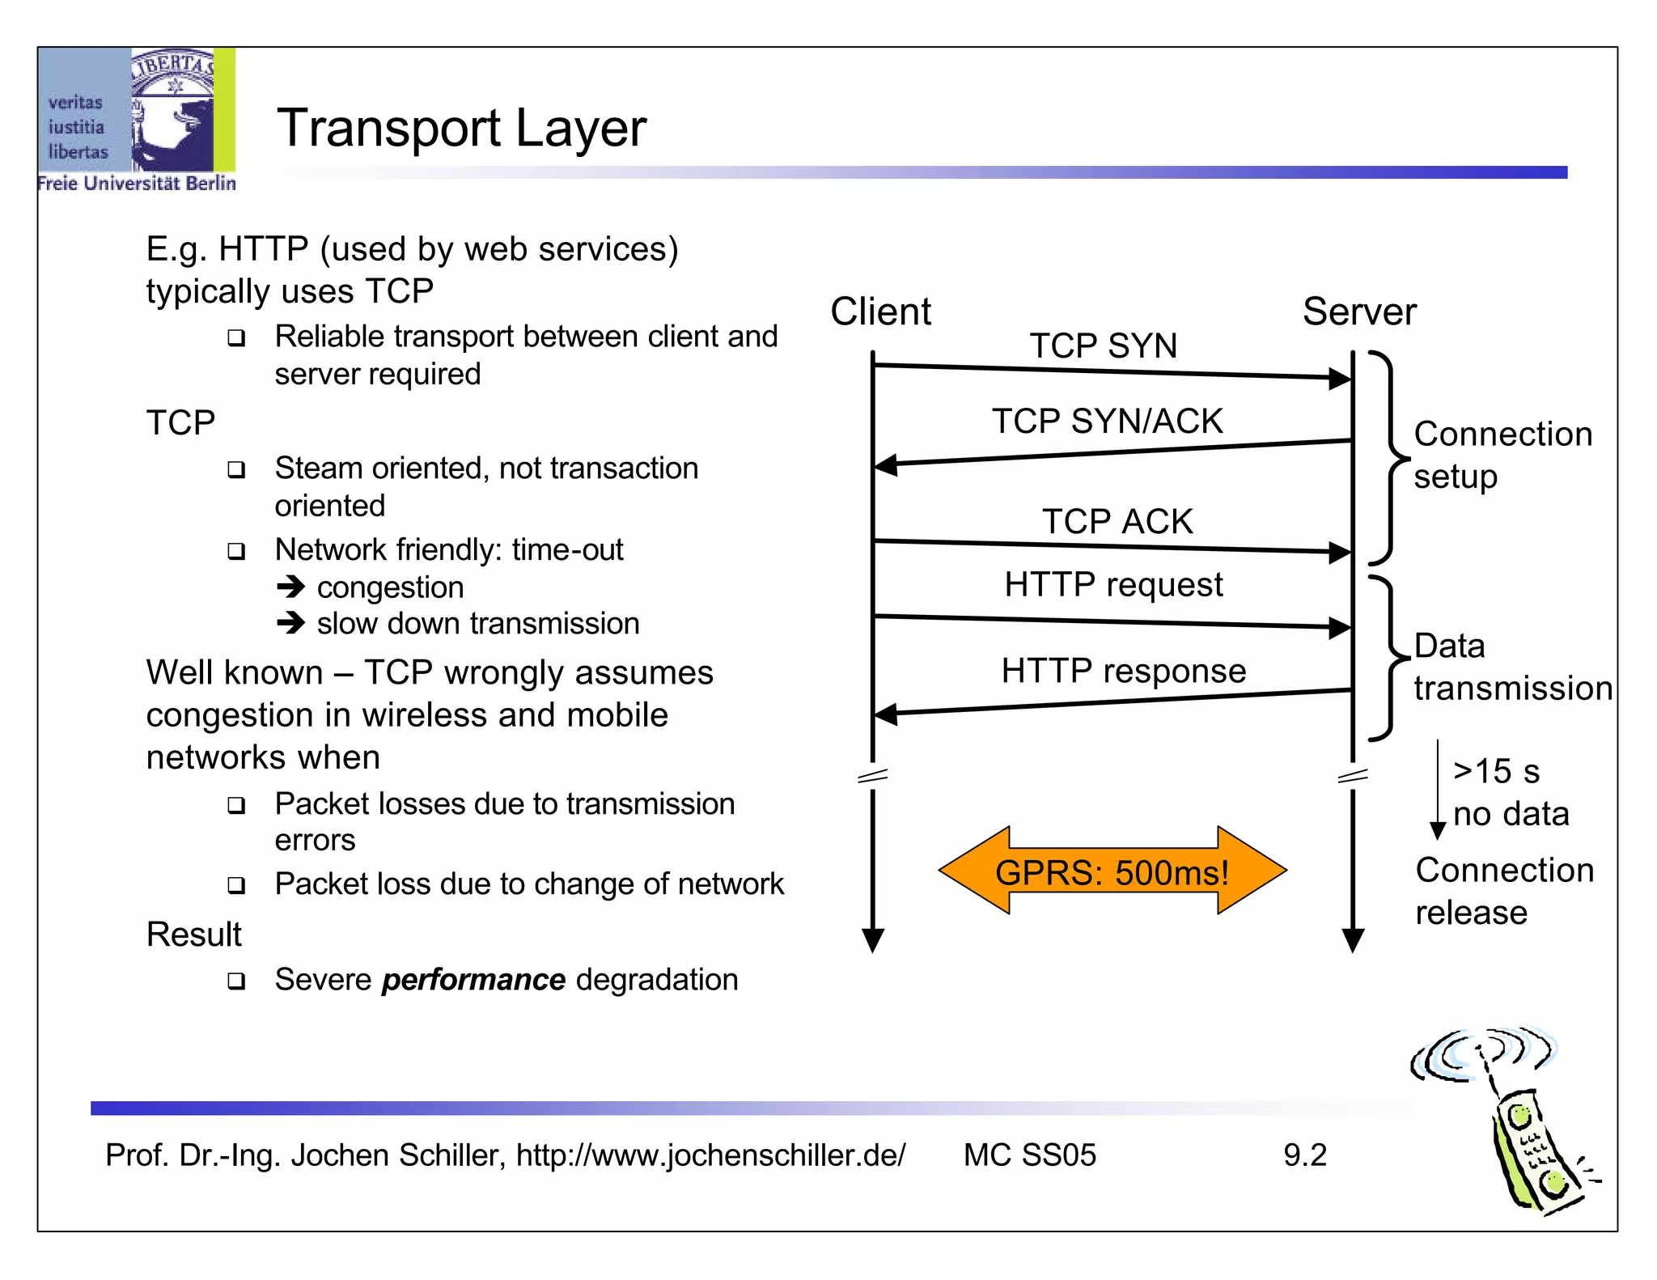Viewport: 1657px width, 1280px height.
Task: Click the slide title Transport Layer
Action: (x=461, y=128)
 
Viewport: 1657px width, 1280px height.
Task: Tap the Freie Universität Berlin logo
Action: (x=136, y=119)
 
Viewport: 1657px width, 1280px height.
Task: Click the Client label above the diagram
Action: (x=880, y=312)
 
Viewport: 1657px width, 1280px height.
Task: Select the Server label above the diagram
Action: (x=1358, y=312)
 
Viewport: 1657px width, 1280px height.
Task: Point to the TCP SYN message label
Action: (x=1103, y=345)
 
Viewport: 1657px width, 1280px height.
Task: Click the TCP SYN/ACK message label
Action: (x=1107, y=421)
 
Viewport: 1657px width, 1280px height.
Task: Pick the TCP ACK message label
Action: (x=1117, y=521)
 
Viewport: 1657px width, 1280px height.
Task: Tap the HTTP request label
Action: (x=1113, y=584)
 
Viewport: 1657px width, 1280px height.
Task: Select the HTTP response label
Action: (x=1123, y=671)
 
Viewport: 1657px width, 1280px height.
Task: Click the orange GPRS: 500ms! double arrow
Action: (x=1112, y=871)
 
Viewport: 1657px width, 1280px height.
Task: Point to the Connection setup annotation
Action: (x=1502, y=455)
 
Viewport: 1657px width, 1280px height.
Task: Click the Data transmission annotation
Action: (x=1511, y=667)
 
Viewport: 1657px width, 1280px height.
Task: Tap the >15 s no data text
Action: (x=1510, y=792)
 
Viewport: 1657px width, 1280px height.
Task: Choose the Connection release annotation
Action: (x=1503, y=891)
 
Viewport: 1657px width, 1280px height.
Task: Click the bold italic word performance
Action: (x=473, y=979)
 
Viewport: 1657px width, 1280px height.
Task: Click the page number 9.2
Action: (x=1304, y=1155)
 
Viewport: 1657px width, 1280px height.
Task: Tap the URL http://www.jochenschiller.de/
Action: (x=710, y=1155)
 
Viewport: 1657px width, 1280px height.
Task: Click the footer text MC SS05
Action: (x=1029, y=1155)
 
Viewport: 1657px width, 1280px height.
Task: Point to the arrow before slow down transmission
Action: (x=290, y=623)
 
